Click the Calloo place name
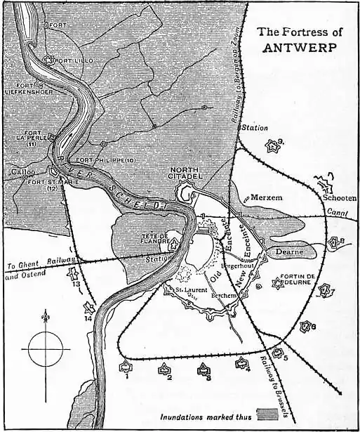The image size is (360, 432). coord(18,171)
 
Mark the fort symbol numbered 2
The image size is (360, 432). coord(164,367)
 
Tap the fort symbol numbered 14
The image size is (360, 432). coord(88,308)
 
